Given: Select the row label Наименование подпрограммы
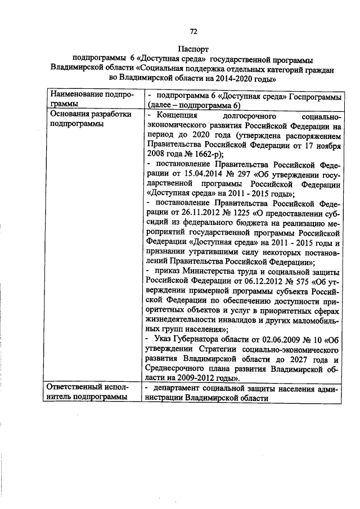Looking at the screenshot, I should coord(92,100).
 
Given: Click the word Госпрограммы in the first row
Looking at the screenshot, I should coord(316,96).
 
